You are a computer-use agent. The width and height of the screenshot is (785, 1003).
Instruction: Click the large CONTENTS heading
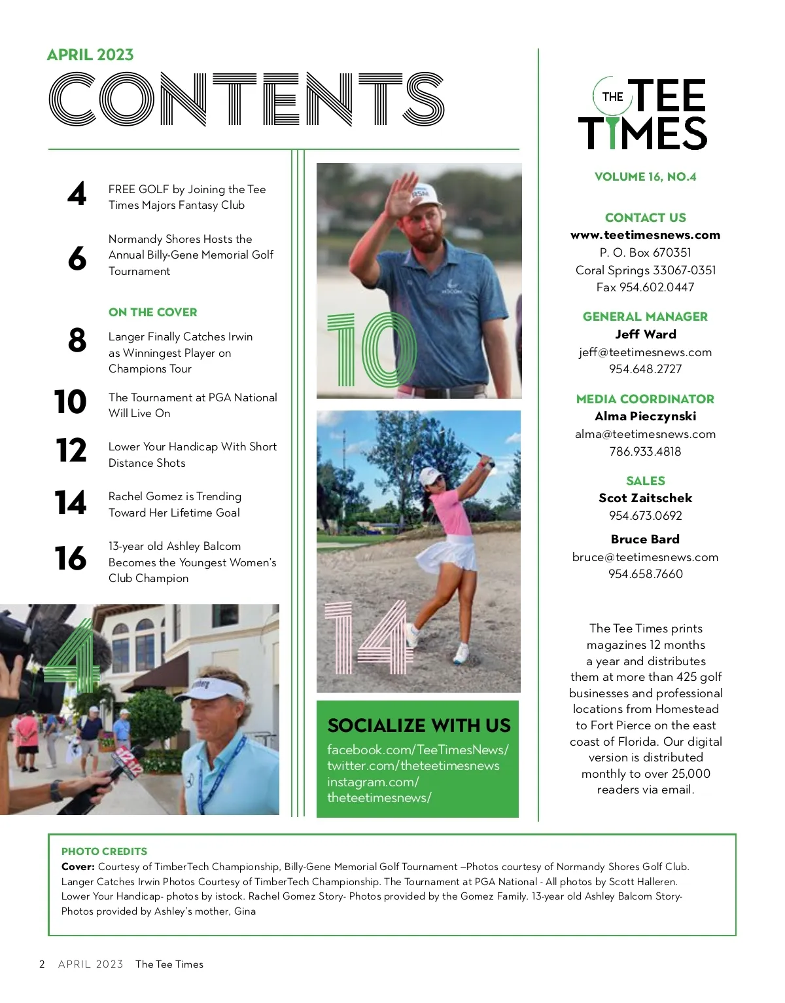247,100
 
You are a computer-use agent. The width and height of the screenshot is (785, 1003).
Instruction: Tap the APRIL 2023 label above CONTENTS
90,55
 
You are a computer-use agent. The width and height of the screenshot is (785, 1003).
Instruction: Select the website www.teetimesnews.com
645,235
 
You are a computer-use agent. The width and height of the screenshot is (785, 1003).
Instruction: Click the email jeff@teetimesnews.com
645,352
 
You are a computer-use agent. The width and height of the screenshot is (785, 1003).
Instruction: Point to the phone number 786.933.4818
645,452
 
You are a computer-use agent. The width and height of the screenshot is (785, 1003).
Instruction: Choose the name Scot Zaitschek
645,498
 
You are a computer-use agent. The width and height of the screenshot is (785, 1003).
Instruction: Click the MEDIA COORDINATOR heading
645,399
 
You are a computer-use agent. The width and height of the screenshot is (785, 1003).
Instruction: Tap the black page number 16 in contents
71,558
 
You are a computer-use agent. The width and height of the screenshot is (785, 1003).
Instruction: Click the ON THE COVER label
152,312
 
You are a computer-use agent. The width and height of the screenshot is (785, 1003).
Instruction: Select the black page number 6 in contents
77,259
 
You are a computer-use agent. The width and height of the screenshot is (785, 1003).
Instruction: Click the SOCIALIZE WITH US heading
419,725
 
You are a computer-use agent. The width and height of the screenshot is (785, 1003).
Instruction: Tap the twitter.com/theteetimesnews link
413,766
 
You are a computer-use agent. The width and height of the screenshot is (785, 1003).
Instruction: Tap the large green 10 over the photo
370,350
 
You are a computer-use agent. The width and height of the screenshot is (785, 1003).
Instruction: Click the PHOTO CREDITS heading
104,852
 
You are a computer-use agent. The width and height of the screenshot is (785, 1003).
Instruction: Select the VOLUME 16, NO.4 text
645,177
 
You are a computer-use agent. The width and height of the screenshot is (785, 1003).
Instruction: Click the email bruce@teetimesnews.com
645,557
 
